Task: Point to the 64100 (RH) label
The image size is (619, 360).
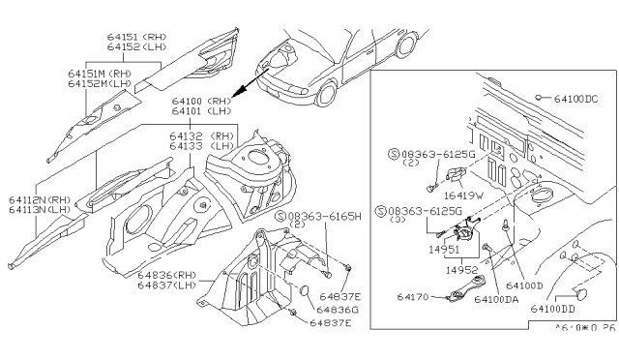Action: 187,100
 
